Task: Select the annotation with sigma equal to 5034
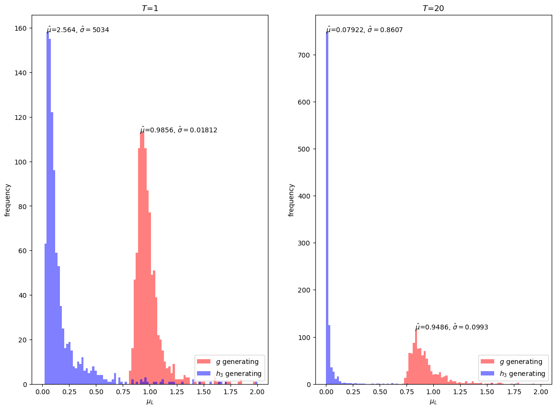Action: [78, 30]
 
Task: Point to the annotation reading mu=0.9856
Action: [178, 130]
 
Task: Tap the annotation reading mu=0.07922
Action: [364, 30]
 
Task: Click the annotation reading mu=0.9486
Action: [452, 327]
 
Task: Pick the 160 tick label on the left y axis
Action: [20, 28]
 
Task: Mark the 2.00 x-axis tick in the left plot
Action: [257, 392]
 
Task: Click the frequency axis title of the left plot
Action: [8, 199]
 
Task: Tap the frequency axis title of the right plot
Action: [291, 199]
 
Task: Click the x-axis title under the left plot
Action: [150, 402]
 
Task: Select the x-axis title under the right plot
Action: [433, 402]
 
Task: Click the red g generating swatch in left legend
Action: [203, 362]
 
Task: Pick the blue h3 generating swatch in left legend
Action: [203, 374]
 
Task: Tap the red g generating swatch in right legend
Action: [486, 362]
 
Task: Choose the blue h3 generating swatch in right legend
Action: [486, 374]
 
